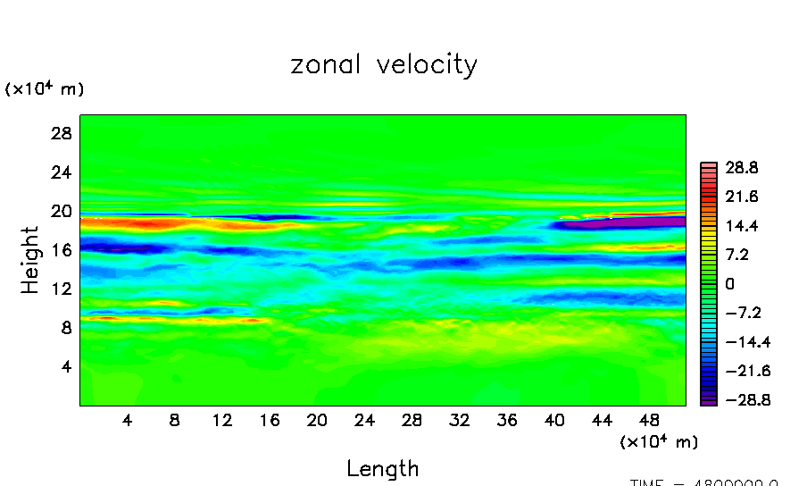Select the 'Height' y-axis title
coord(30,259)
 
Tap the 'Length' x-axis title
coord(382,468)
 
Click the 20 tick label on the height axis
coord(60,211)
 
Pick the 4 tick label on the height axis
coord(64,366)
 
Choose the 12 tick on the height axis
coord(60,289)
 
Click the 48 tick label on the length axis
coord(650,420)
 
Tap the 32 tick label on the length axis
coord(459,420)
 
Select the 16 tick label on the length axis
coord(269,420)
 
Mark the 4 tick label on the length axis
coord(127,420)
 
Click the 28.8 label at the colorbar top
coord(742,167)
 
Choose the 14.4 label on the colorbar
coord(742,225)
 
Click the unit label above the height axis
coord(45,89)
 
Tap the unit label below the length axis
coord(659,441)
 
